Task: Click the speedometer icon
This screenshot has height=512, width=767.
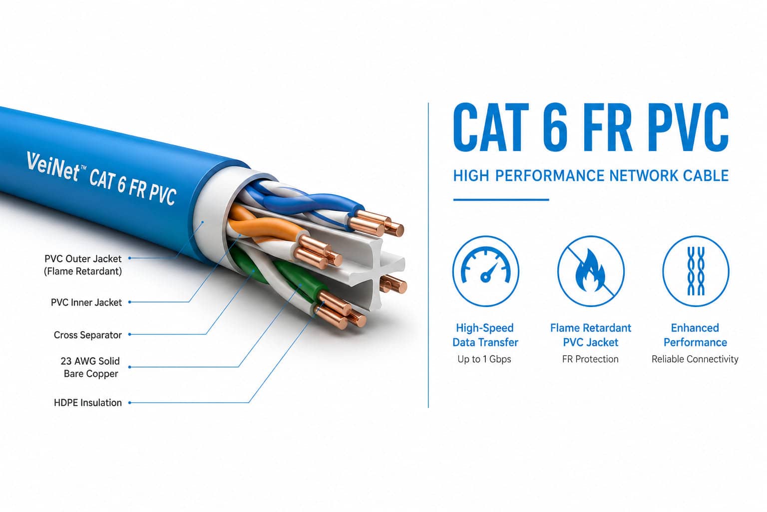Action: coord(485,271)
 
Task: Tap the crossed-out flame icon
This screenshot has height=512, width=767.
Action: coord(591,271)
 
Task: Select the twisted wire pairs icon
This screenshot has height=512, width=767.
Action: coord(696,271)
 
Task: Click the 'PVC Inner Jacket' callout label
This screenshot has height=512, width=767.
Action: coord(86,302)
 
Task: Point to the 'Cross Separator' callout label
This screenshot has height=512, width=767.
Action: coord(88,334)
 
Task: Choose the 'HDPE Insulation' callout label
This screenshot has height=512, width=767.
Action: coord(88,402)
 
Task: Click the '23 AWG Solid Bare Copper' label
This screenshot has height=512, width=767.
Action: coord(90,367)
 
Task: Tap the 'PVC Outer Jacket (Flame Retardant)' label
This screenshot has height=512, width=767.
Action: coord(83,264)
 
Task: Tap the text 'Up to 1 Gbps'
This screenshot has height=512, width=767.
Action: coord(484,359)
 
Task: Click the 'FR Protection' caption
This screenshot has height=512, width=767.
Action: coord(590,359)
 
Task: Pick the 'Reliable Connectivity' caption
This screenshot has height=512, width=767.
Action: coord(695,359)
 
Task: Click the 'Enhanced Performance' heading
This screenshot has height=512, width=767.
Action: coord(695,335)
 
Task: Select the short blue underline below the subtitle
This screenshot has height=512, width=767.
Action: coord(501,199)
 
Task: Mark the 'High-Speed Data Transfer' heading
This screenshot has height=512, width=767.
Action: coord(485,335)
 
